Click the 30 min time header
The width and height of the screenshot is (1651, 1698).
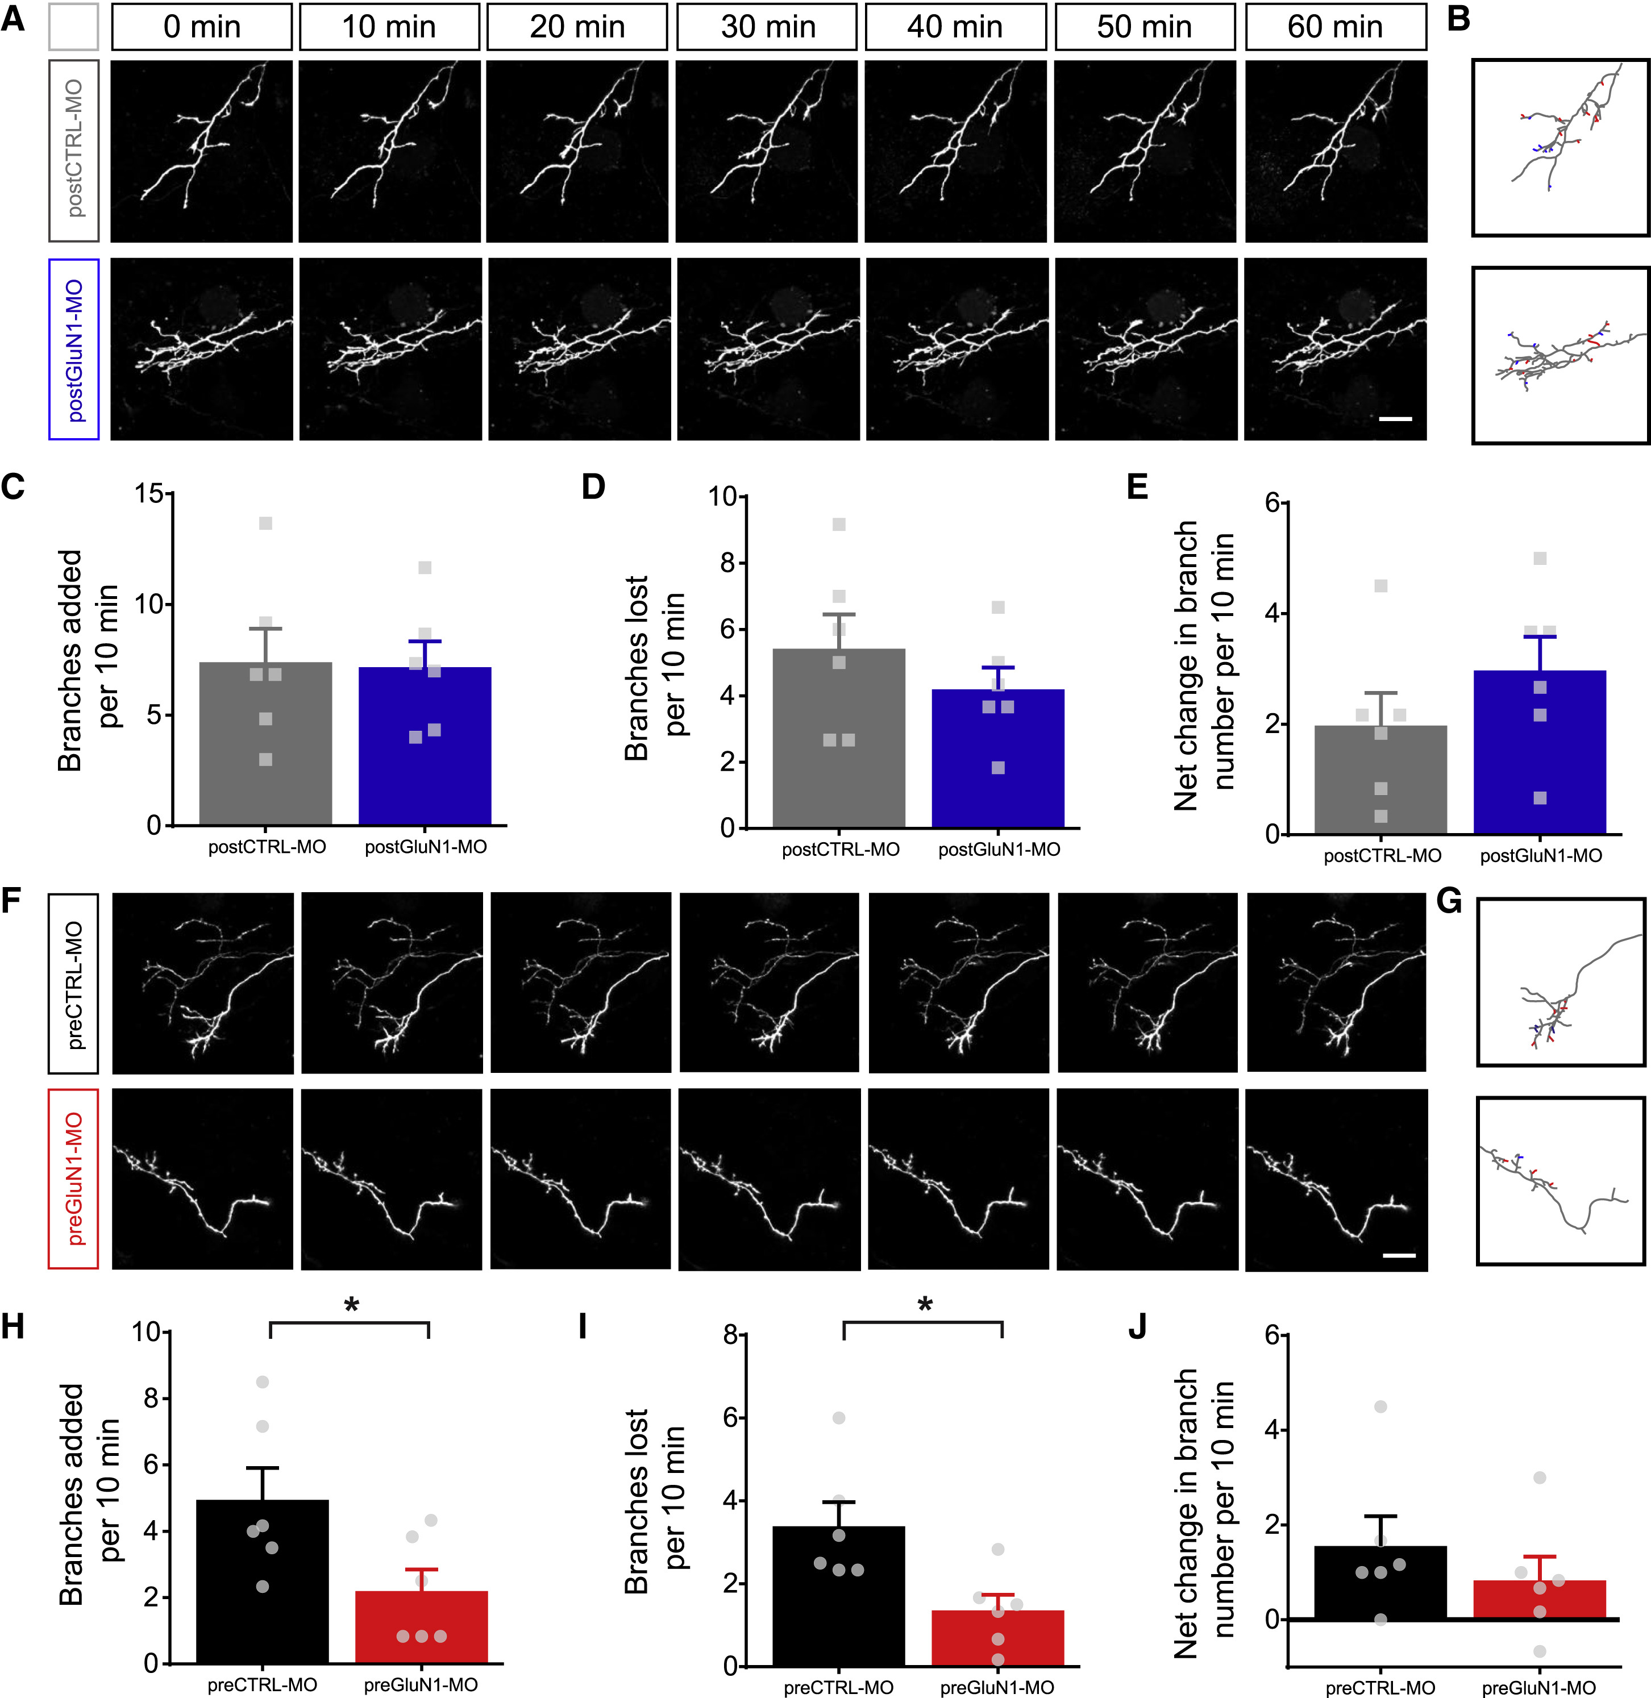click(x=767, y=27)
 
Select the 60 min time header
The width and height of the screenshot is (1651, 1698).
click(x=1336, y=27)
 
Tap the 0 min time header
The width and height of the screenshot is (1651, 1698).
click(x=202, y=27)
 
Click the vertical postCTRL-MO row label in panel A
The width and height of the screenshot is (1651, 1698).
click(x=74, y=149)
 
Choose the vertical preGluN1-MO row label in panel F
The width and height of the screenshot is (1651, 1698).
click(x=74, y=1179)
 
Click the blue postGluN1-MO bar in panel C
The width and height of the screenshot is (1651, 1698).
click(x=425, y=746)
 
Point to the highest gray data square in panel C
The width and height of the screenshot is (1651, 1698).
click(x=265, y=523)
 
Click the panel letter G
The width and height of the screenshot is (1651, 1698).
click(x=1449, y=903)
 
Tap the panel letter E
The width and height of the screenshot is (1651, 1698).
click(x=1137, y=486)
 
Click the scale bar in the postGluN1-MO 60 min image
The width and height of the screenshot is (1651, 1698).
click(x=1395, y=419)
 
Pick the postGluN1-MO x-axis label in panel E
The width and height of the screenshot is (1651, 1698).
click(x=1541, y=856)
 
